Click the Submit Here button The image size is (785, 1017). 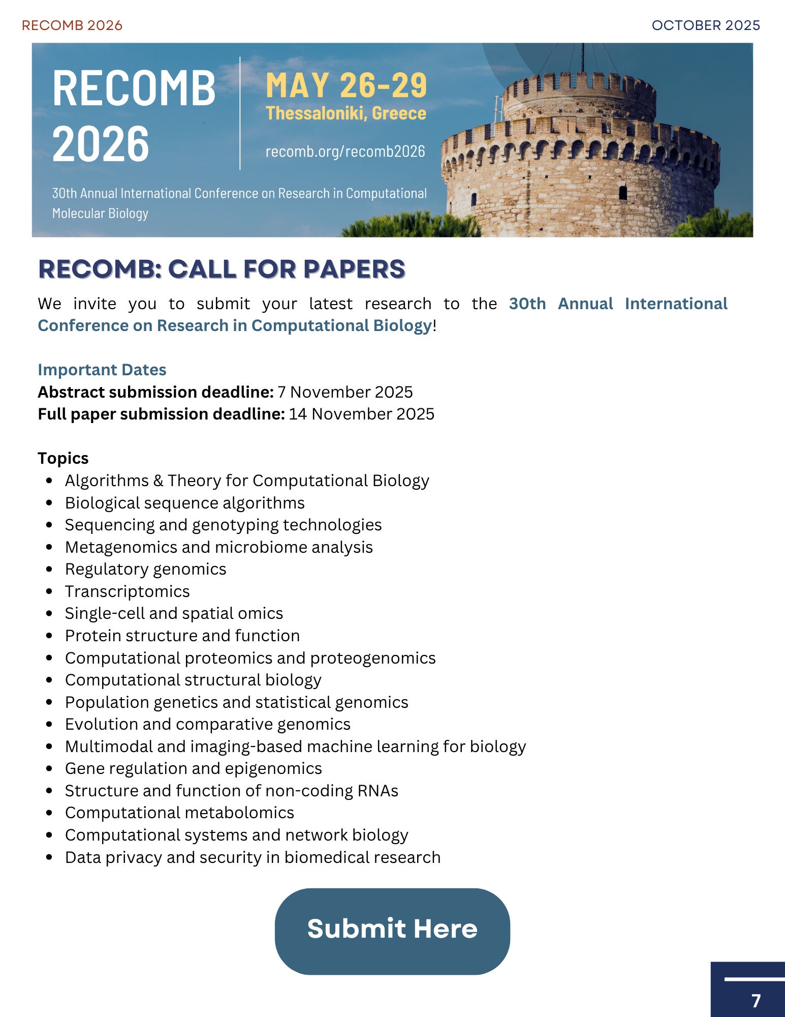coord(392,931)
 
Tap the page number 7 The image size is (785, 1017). coord(756,1000)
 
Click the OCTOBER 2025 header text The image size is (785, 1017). coord(706,25)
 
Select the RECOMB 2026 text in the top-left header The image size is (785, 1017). coord(72,25)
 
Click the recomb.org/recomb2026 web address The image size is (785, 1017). coord(345,152)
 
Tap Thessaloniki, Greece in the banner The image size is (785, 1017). coord(346,113)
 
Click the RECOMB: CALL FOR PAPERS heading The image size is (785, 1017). coord(222,270)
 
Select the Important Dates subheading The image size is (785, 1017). coord(102,370)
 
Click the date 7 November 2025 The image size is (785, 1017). coord(345,392)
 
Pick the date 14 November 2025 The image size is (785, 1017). coord(362,414)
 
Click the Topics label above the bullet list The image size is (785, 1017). coord(63,458)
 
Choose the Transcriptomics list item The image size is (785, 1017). coord(127,591)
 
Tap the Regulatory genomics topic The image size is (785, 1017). coord(145,569)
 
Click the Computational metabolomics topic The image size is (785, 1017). coord(179,813)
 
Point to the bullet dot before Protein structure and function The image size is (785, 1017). coord(49,636)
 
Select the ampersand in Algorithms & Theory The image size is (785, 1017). coord(159,481)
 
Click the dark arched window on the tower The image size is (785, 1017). coord(623,192)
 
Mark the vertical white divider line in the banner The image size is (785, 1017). coord(240,113)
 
